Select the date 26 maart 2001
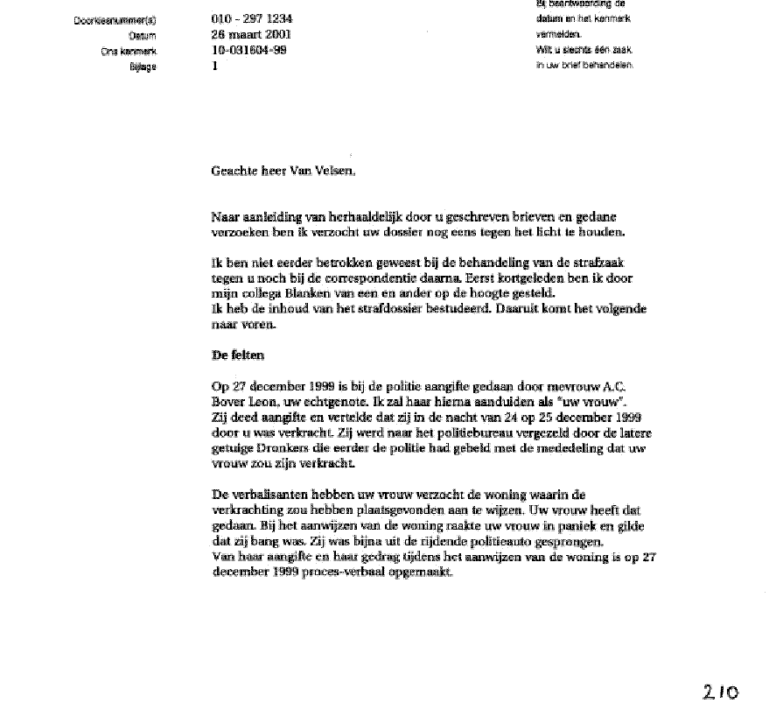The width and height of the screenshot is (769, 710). [252, 35]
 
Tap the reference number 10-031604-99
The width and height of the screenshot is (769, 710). [248, 50]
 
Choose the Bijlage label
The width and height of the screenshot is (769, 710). [143, 67]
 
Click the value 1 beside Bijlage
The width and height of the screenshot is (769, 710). [215, 66]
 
